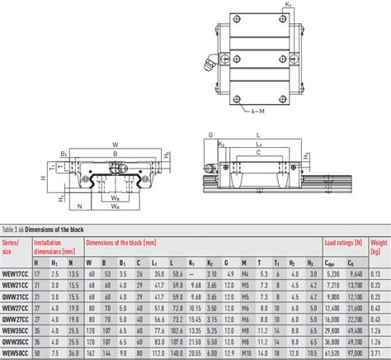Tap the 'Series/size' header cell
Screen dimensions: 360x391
click(x=14, y=246)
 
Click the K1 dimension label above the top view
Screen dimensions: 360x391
click(x=288, y=6)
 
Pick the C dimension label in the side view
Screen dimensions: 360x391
click(x=259, y=153)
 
